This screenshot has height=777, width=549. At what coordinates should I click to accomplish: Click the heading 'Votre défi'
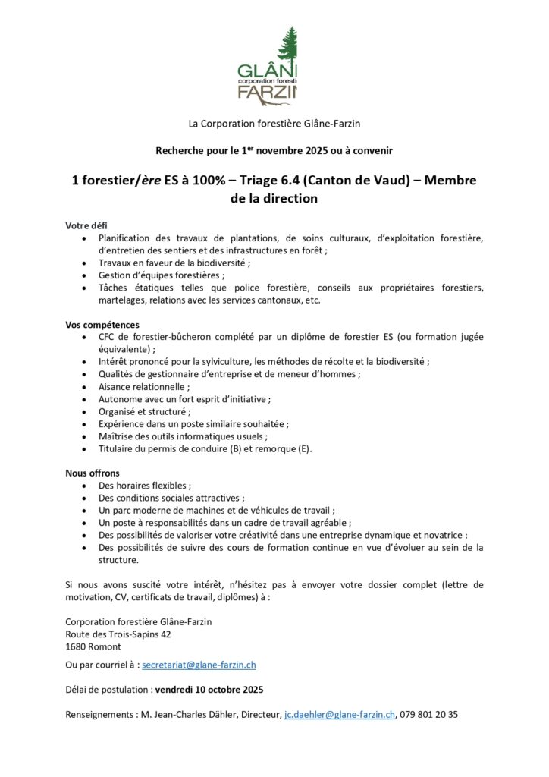click(x=86, y=225)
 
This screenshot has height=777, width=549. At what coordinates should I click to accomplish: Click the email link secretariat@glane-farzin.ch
click(x=199, y=665)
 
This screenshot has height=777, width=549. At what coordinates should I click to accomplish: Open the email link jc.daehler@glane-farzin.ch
click(x=339, y=715)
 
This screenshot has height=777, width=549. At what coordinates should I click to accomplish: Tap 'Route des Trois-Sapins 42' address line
click(x=118, y=634)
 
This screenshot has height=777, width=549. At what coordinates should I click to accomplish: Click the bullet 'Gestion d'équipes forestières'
click(x=162, y=275)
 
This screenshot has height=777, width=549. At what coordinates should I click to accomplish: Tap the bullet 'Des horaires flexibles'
click(x=144, y=486)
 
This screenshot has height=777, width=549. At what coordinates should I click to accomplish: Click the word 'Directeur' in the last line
click(x=259, y=715)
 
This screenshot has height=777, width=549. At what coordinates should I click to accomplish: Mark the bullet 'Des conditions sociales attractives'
click(x=171, y=499)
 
